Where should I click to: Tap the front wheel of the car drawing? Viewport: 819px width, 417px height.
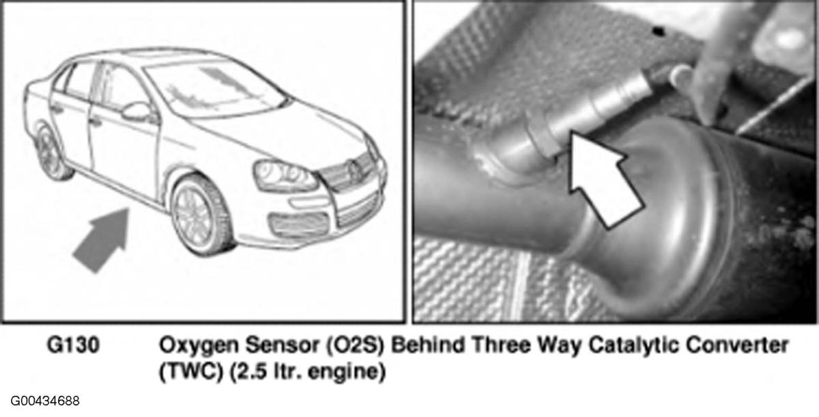201,215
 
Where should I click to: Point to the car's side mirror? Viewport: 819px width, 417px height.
136,111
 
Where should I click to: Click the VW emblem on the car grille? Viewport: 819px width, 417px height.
354,170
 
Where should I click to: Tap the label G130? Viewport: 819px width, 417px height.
73,345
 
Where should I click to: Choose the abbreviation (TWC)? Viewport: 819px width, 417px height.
191,373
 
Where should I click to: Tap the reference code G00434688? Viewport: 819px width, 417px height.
45,401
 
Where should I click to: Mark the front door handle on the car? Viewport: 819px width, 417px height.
95,121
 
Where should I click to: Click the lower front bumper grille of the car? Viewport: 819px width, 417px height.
299,224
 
